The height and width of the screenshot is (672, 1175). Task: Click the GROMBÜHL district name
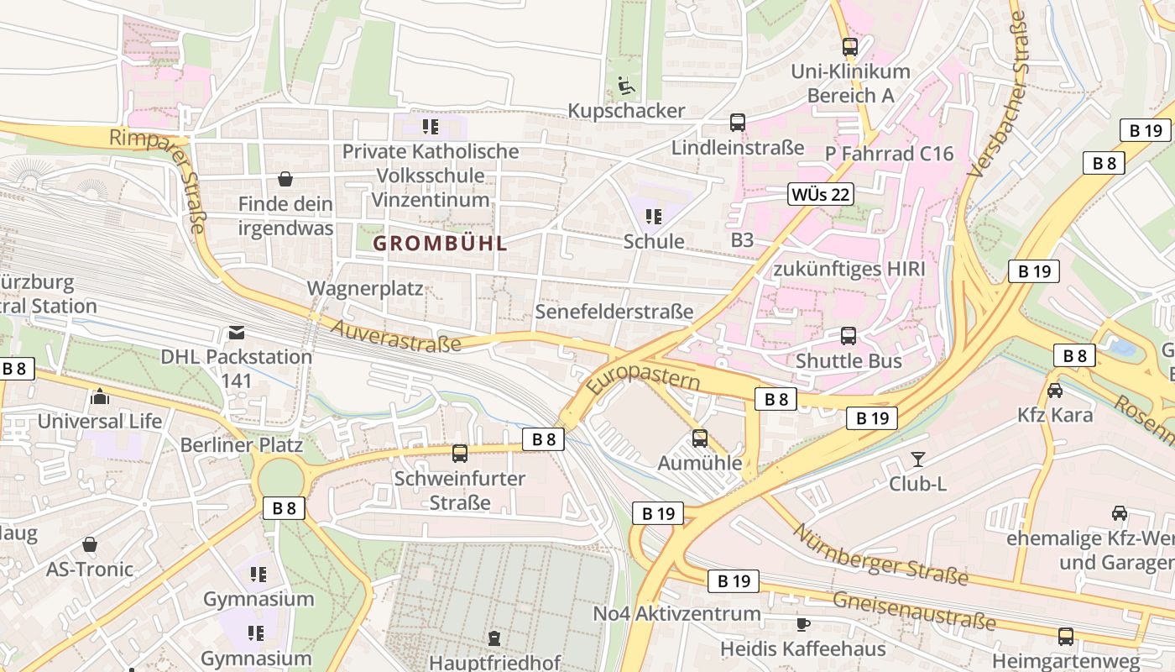tap(441, 244)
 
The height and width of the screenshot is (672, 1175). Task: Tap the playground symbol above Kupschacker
tap(625, 86)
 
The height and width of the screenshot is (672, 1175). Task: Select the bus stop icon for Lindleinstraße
tap(738, 123)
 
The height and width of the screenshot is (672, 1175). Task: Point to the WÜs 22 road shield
tap(821, 195)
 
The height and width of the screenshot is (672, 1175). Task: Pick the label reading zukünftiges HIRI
tap(849, 269)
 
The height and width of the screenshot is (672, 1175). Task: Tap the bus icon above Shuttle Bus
tap(849, 336)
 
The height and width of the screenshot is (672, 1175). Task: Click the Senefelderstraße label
tap(614, 312)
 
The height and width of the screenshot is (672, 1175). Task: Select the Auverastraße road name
tap(396, 335)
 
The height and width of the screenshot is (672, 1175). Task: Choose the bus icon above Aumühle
tap(699, 438)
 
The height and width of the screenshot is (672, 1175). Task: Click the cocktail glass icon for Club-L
tap(917, 459)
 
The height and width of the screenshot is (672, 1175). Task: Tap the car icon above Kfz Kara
tap(1055, 391)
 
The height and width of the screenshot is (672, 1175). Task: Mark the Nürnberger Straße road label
tap(880, 554)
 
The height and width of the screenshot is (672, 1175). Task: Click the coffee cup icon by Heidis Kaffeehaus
tap(803, 624)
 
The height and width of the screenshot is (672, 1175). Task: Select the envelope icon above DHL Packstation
tap(236, 332)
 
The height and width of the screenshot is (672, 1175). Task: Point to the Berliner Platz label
tap(242, 444)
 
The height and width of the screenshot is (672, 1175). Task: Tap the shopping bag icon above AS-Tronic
tap(90, 545)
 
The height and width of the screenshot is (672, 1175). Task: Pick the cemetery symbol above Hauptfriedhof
tap(494, 639)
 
